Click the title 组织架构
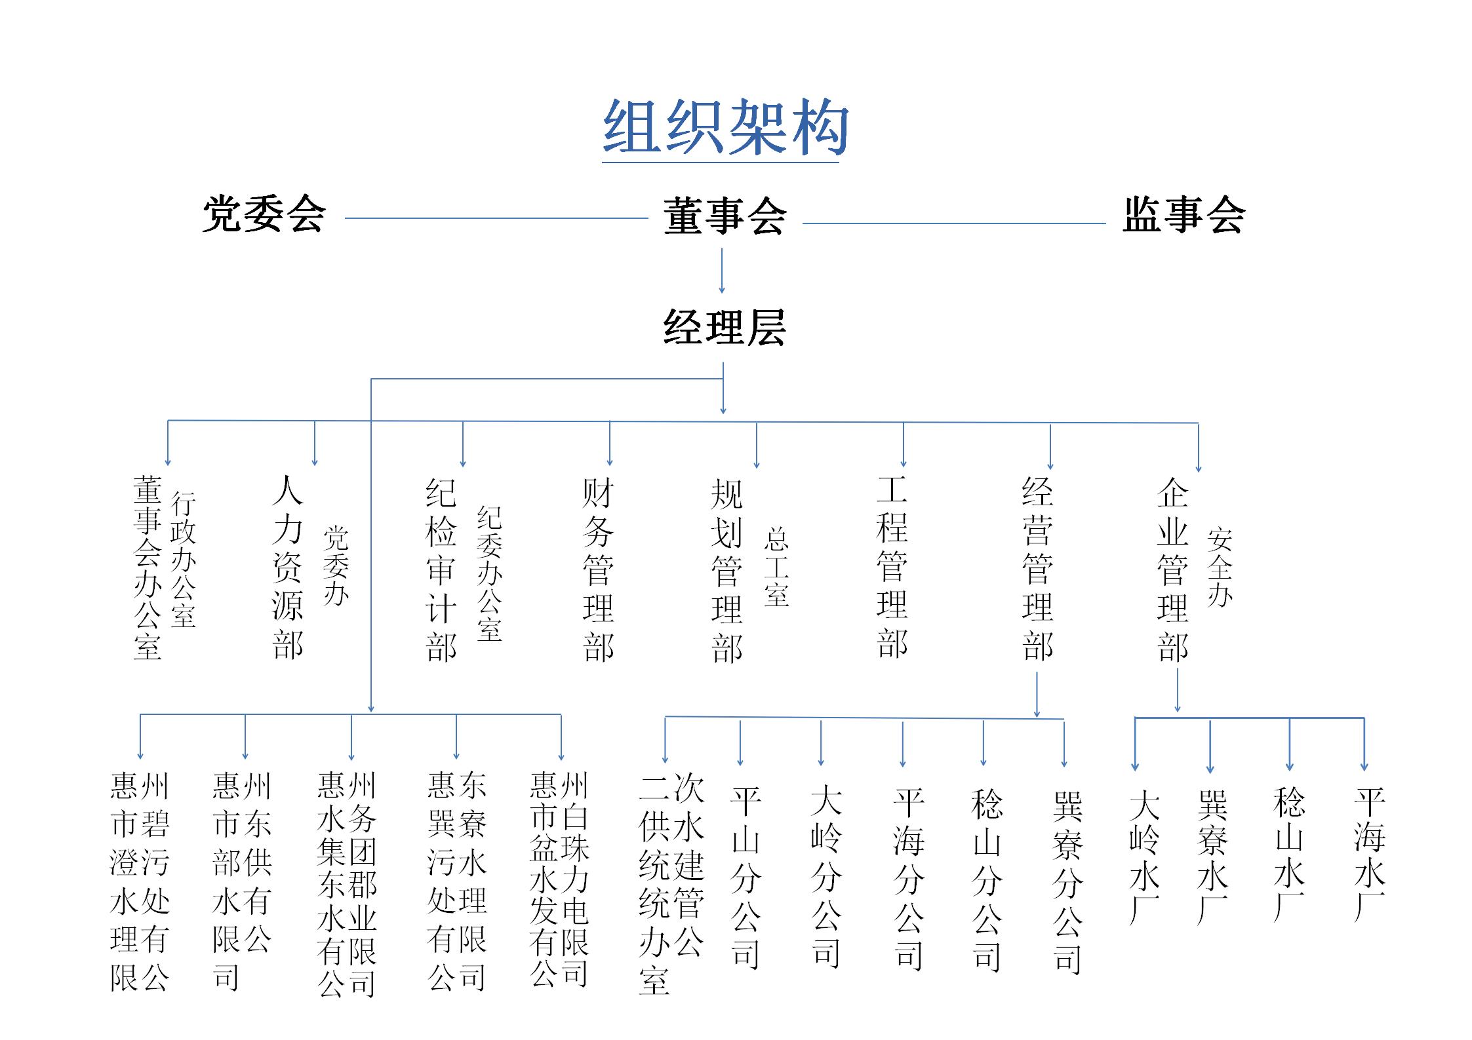coord(725,127)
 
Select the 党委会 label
coord(264,214)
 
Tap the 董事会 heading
coord(724,216)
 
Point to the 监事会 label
coord(1183,214)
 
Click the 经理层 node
coord(724,326)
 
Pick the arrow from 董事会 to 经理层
coord(722,270)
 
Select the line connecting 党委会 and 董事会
coord(496,218)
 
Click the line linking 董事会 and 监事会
coord(954,223)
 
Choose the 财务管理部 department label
coord(598,569)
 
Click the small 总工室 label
coord(776,568)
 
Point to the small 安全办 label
coord(1220,568)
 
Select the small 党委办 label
coord(336,566)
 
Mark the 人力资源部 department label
coord(287,567)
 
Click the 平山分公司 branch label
coord(746,878)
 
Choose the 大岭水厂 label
coord(1144,858)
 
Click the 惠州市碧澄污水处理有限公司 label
coord(140,882)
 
